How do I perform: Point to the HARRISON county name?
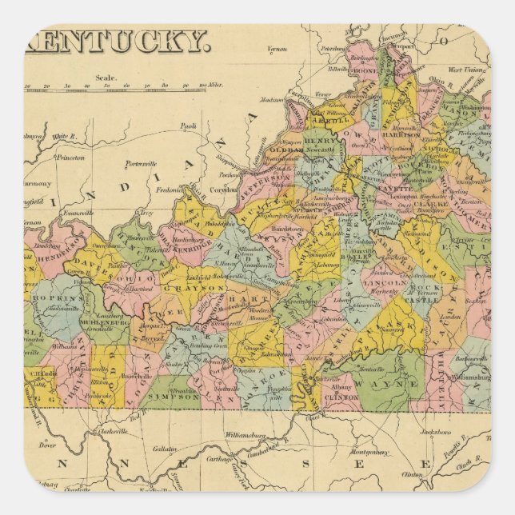coord(400,135)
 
